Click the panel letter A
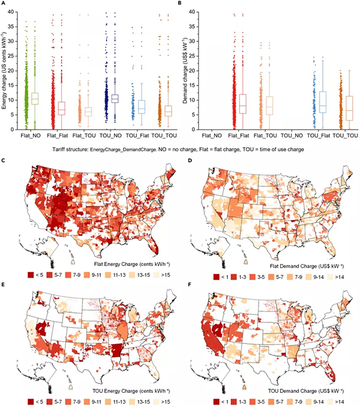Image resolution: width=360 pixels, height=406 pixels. tap(5, 4)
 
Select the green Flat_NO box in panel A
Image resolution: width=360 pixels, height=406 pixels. tap(35, 98)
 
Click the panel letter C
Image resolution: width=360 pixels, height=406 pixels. tap(5, 163)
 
